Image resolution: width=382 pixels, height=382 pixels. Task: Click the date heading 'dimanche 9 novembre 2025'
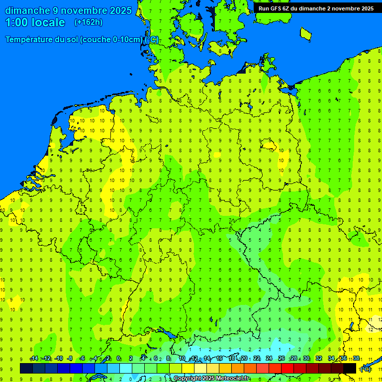click(x=68, y=10)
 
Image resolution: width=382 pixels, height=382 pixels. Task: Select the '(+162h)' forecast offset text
click(x=89, y=22)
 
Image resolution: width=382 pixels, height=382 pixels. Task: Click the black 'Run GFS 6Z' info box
click(x=316, y=8)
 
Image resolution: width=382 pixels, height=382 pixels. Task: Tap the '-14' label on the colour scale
click(x=34, y=359)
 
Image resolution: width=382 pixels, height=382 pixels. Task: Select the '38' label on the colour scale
click(x=356, y=359)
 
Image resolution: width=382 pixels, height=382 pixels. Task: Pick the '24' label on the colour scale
click(x=269, y=359)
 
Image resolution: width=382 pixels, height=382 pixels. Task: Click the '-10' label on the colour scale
click(x=58, y=359)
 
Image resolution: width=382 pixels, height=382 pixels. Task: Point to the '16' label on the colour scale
click(x=219, y=359)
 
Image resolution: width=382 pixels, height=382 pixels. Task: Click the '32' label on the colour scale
click(x=319, y=359)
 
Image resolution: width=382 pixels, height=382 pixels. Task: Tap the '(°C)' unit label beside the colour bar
click(x=366, y=369)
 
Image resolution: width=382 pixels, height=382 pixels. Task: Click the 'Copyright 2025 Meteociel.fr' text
click(x=211, y=379)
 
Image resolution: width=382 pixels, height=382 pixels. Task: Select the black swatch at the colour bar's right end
click(x=350, y=368)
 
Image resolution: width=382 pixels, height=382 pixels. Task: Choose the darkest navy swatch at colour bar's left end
click(x=26, y=368)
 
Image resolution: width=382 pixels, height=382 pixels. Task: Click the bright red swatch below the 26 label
click(x=287, y=368)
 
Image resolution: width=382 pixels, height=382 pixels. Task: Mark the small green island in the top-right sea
click(x=305, y=33)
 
